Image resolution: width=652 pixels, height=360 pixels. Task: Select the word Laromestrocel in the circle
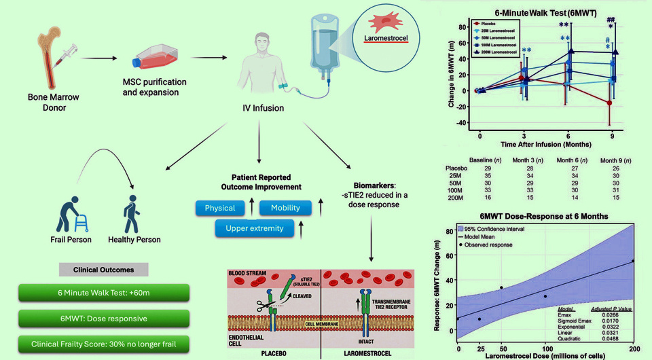tap(391, 39)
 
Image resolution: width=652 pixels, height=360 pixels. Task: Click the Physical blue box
tap(219, 208)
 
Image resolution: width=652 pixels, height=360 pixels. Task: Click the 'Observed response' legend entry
tap(495, 245)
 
